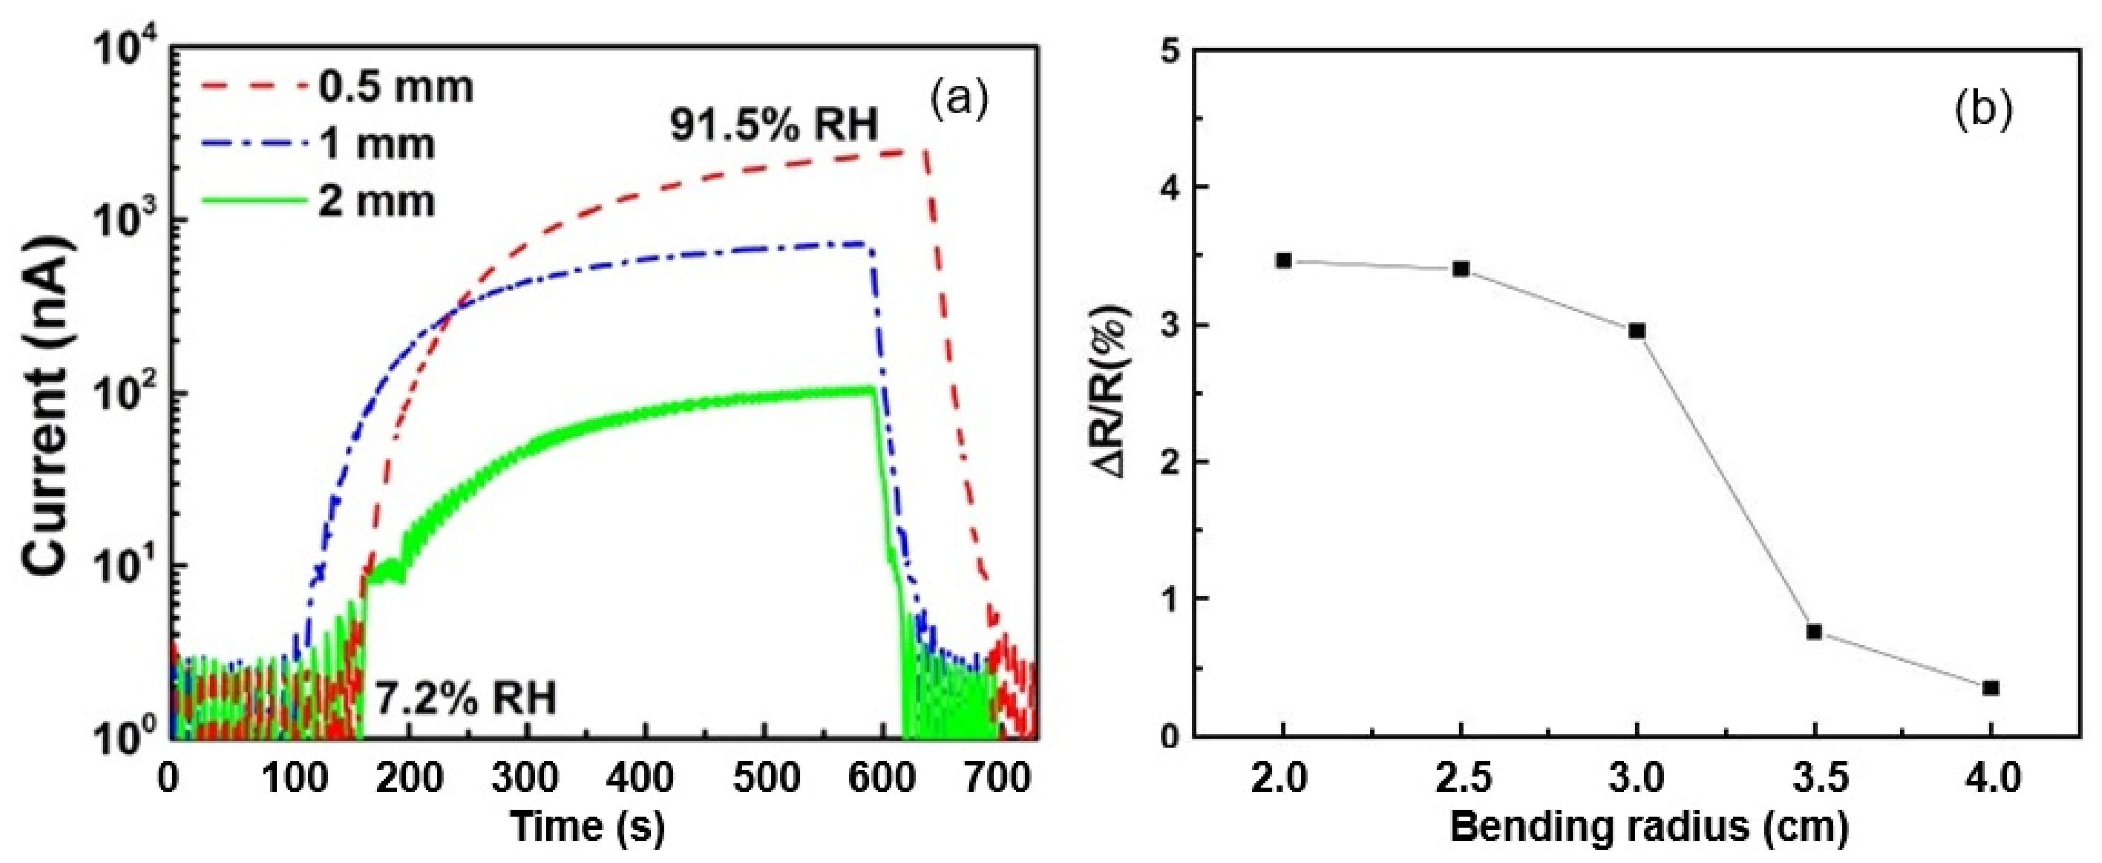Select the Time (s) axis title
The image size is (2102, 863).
coord(587,826)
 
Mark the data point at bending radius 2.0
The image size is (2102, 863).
coord(1284,261)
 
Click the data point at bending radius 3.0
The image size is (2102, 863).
coord(1637,330)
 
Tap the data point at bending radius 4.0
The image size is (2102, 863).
coord(1991,688)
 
